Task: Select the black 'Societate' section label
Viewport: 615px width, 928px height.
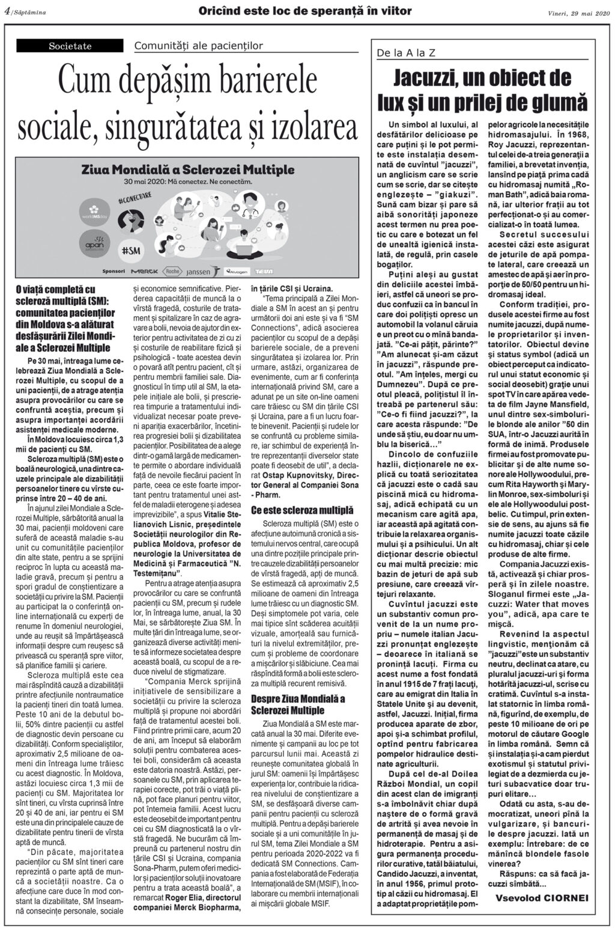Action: [x=70, y=46]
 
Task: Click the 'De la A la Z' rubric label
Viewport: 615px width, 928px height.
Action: [x=406, y=53]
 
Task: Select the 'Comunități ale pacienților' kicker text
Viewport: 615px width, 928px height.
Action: [x=199, y=46]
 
